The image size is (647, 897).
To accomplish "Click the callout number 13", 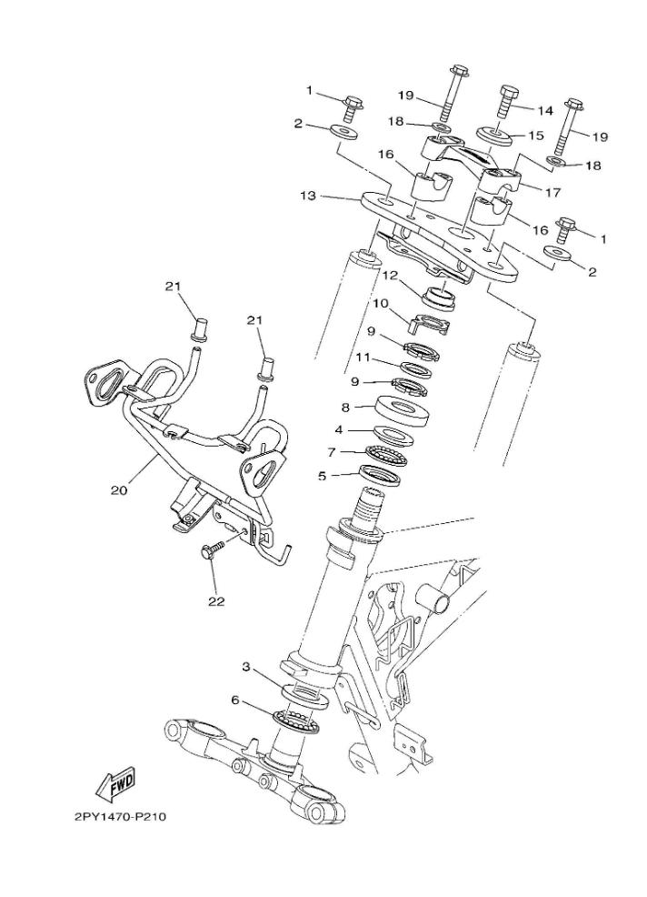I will [x=309, y=195].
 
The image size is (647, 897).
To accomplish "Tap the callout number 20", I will [x=118, y=489].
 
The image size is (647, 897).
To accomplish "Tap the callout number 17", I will [x=552, y=192].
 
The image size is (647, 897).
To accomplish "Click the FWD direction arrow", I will [x=115, y=781].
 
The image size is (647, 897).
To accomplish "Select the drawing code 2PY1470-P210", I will [x=120, y=815].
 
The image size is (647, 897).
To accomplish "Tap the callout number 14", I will [x=544, y=110].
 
